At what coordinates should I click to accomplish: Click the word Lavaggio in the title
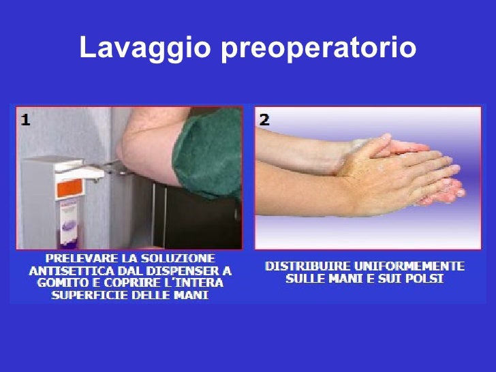coord(145,48)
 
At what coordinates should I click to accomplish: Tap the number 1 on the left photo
coord(25,120)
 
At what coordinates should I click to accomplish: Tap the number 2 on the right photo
coord(264,120)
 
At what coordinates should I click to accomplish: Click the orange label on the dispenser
coord(69,188)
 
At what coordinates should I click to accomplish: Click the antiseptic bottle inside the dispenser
coord(68,223)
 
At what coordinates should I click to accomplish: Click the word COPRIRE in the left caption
coord(134,283)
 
